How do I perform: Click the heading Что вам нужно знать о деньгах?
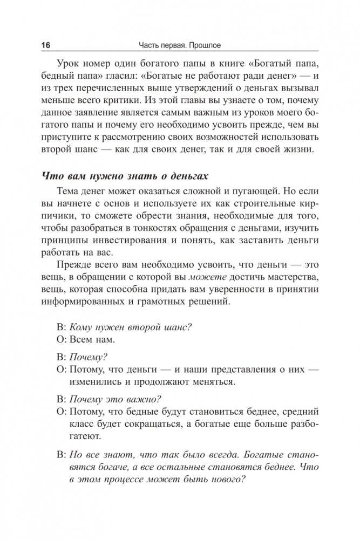(126, 179)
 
